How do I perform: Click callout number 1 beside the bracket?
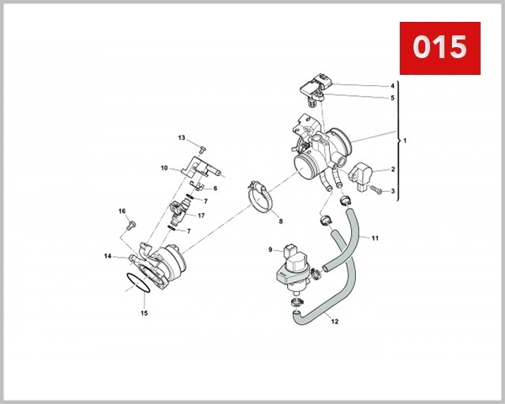point(404,140)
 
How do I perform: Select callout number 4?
point(392,86)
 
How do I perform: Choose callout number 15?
point(143,313)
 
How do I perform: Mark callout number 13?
point(181,137)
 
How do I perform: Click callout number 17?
point(201,215)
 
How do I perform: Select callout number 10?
point(165,168)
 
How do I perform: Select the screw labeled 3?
point(376,192)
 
